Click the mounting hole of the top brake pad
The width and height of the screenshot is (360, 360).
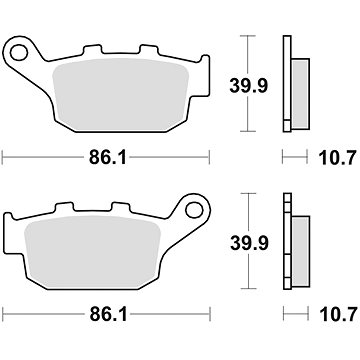coord(19,53)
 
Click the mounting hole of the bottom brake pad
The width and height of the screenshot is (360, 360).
coord(194,210)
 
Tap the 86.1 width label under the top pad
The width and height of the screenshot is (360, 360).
coord(108,158)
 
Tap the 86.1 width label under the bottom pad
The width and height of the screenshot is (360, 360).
coord(108,315)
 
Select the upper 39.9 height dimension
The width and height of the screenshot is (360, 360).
coord(248,86)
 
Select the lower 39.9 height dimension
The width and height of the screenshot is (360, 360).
coord(249,243)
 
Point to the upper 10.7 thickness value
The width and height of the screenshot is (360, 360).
coord(338,158)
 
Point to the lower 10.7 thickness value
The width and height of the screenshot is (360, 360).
coord(339,315)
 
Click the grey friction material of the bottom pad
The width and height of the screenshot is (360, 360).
coord(93,251)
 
